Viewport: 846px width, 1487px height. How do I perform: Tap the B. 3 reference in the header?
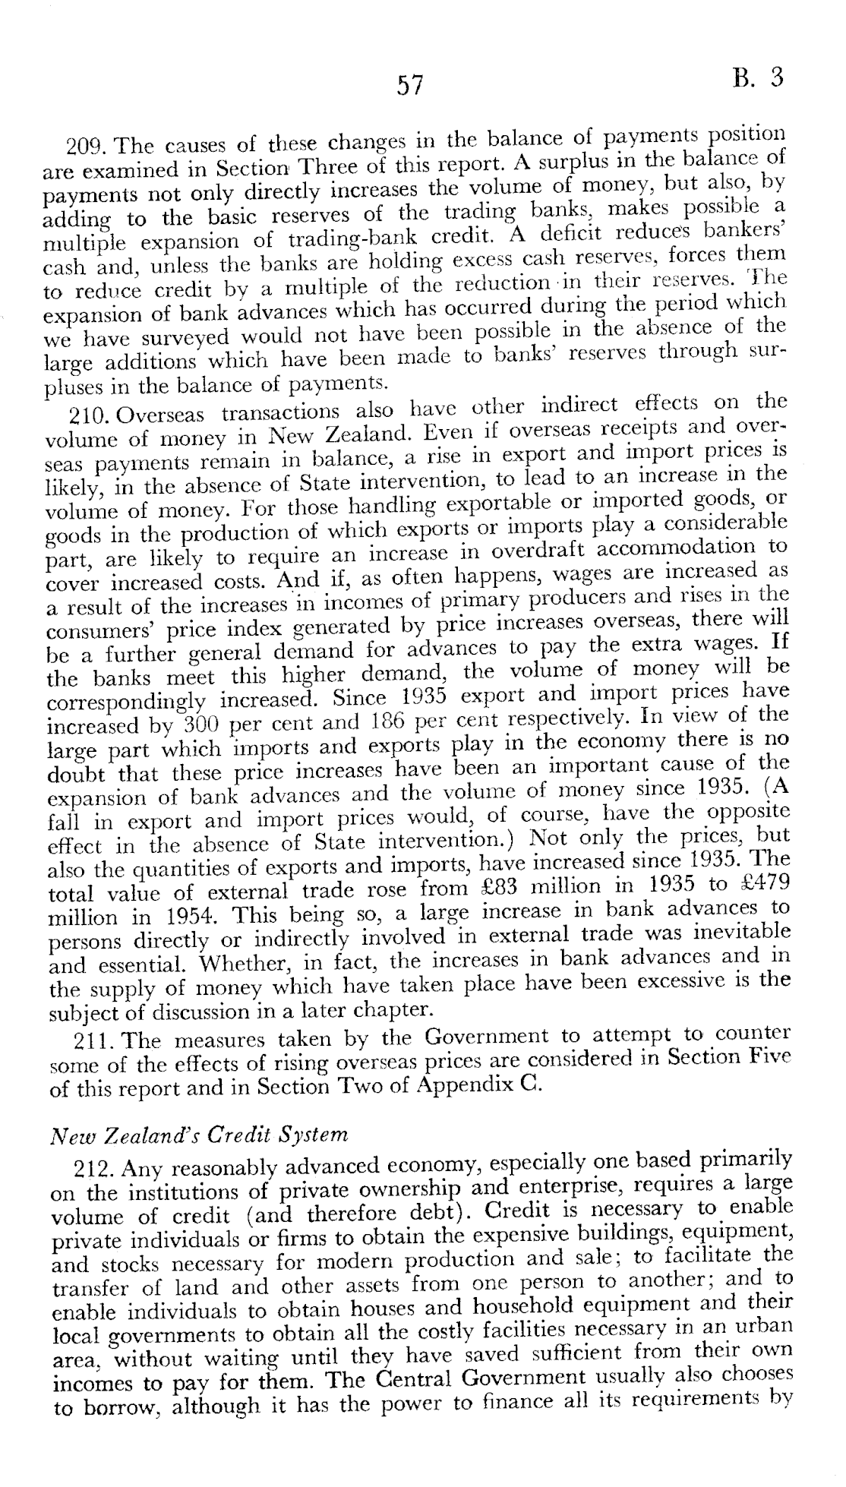[757, 78]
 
